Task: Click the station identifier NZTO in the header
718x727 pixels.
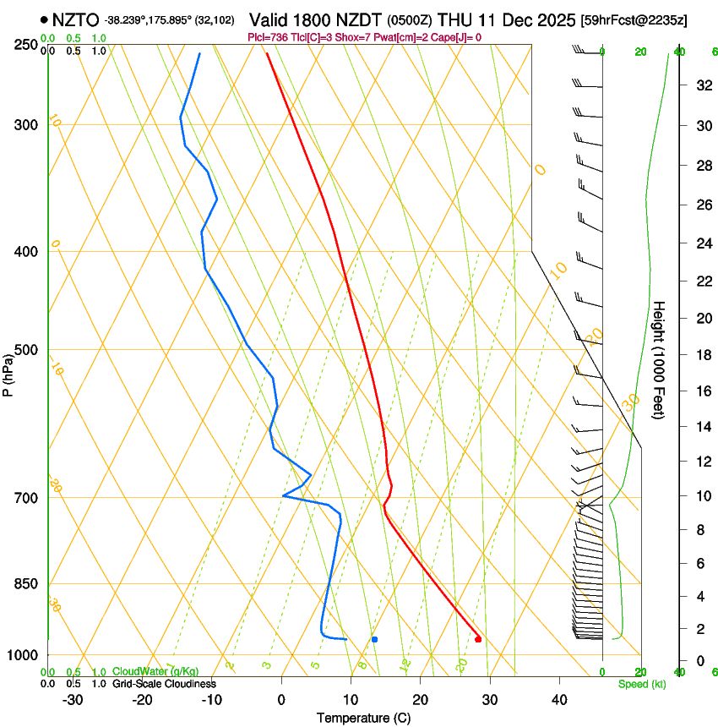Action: [75, 19]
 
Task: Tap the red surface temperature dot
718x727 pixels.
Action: [478, 639]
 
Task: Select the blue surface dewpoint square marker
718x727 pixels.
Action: [374, 639]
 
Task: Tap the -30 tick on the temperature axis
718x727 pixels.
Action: [72, 699]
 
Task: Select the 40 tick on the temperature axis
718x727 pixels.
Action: [559, 699]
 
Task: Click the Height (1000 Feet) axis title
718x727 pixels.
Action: [659, 359]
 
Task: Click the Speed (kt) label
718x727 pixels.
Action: [641, 684]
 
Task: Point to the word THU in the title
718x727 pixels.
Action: [455, 19]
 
